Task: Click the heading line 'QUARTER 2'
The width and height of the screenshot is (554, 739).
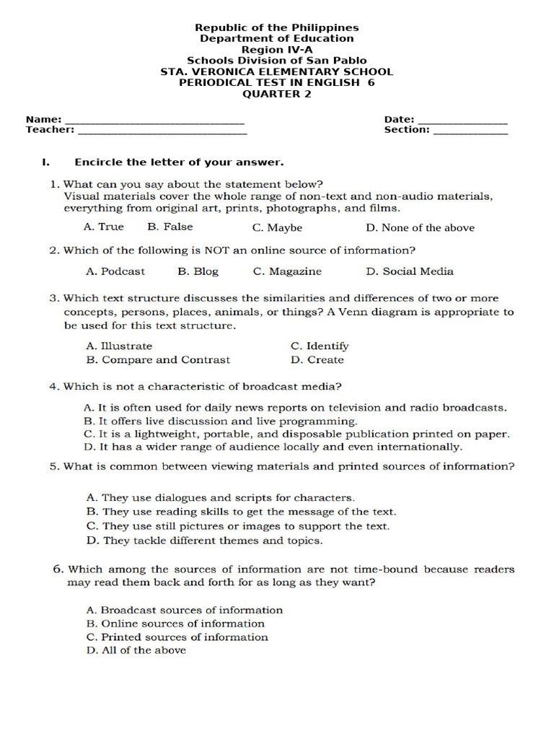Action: click(276, 94)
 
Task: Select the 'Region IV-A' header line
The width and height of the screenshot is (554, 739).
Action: click(276, 50)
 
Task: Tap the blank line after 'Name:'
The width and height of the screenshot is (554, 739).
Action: click(154, 121)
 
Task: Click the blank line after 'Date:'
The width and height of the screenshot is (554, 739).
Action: click(462, 121)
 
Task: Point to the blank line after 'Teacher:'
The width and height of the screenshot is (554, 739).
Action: click(162, 132)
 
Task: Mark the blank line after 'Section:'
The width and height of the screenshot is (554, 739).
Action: click(470, 132)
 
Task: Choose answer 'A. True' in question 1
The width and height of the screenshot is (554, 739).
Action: click(104, 227)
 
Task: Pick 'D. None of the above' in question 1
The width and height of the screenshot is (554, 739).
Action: click(420, 227)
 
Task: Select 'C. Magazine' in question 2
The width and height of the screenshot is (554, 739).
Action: click(287, 271)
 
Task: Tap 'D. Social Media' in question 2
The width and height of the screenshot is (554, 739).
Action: click(410, 271)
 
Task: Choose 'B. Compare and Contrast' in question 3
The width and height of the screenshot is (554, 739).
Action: click(158, 359)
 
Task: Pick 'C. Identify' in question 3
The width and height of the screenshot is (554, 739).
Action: click(320, 346)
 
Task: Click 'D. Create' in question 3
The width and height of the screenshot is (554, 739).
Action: click(317, 359)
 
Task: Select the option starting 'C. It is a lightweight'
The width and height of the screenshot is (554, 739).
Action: click(296, 434)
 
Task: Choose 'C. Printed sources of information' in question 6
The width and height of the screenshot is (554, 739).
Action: click(177, 637)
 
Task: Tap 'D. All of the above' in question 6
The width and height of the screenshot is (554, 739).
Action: click(136, 650)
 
